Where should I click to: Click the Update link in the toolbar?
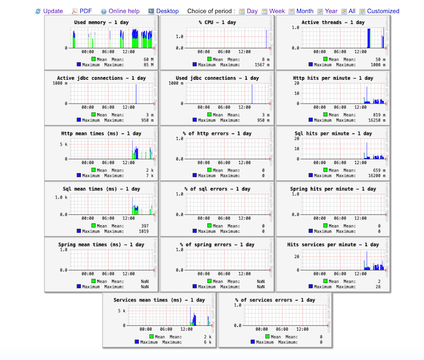point(53,11)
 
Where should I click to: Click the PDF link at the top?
point(85,11)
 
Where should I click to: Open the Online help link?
point(124,11)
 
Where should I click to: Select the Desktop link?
point(167,11)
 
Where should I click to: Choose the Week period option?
point(277,11)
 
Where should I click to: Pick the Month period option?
point(305,11)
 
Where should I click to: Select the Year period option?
point(331,11)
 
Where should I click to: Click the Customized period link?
point(383,11)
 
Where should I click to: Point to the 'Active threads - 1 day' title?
point(333,23)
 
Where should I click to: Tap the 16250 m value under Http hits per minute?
point(376,119)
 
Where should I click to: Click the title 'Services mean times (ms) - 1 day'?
point(159,300)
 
